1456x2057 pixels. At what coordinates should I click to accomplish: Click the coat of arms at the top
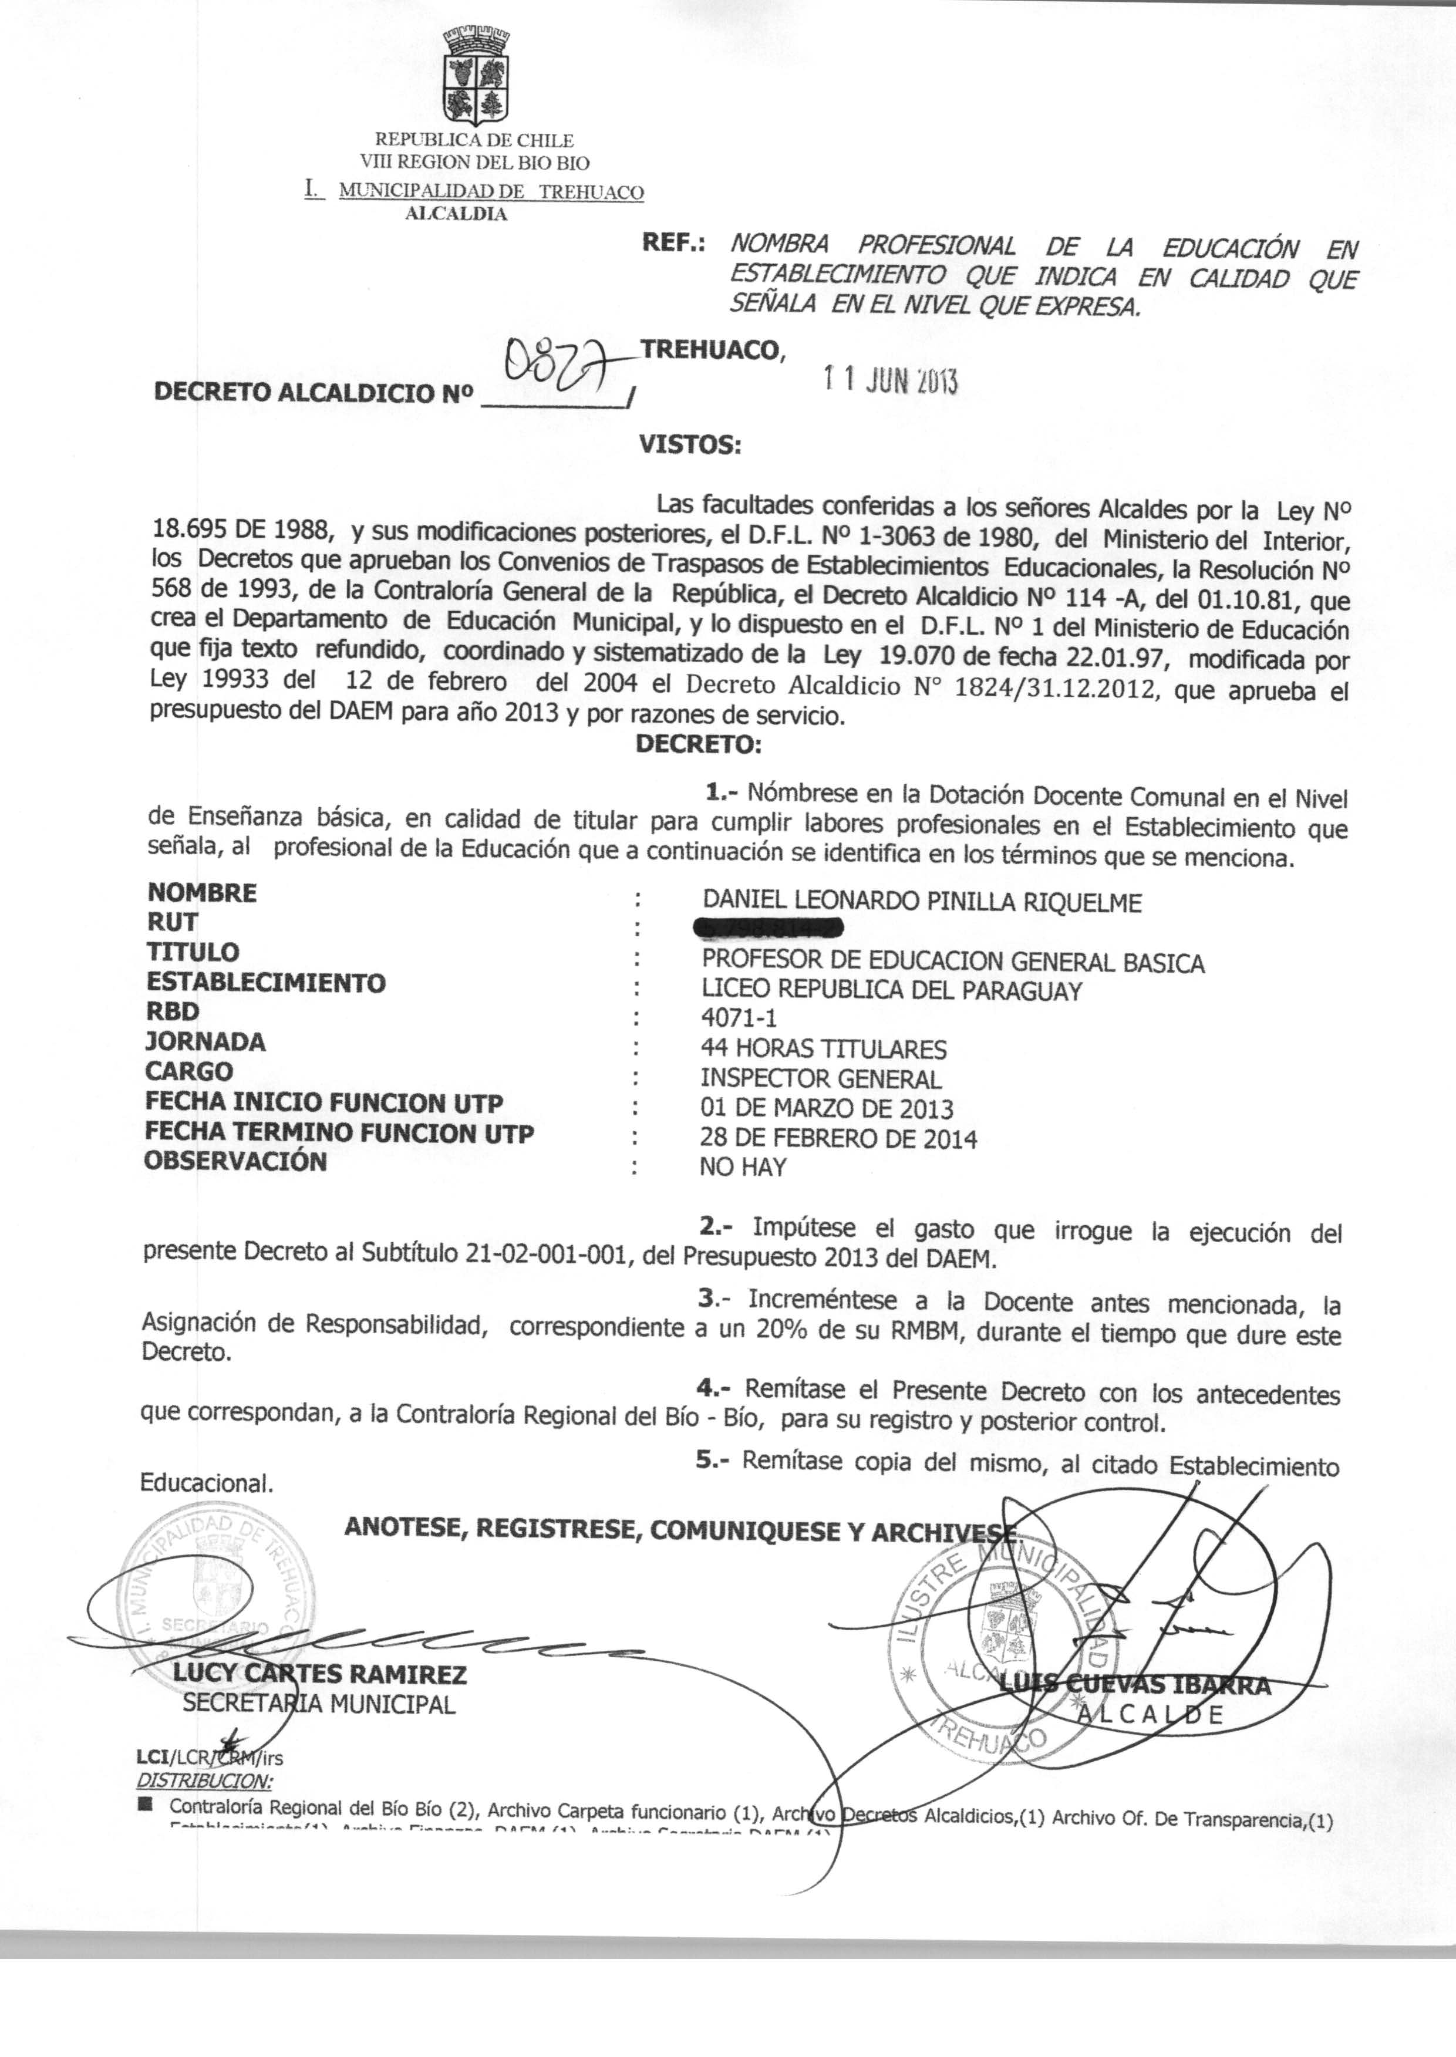click(475, 79)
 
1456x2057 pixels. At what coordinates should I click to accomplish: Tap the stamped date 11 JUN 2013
click(890, 383)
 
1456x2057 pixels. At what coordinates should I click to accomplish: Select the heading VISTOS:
click(689, 444)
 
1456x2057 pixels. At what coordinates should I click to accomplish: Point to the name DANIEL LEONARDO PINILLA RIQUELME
click(922, 902)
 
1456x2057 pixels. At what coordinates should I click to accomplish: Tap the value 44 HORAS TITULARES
click(823, 1048)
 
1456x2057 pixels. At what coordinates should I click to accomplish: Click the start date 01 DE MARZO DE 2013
click(827, 1109)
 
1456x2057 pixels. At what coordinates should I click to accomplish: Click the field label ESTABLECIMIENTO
click(267, 982)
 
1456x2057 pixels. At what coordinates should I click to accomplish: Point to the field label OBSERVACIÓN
click(236, 1162)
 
